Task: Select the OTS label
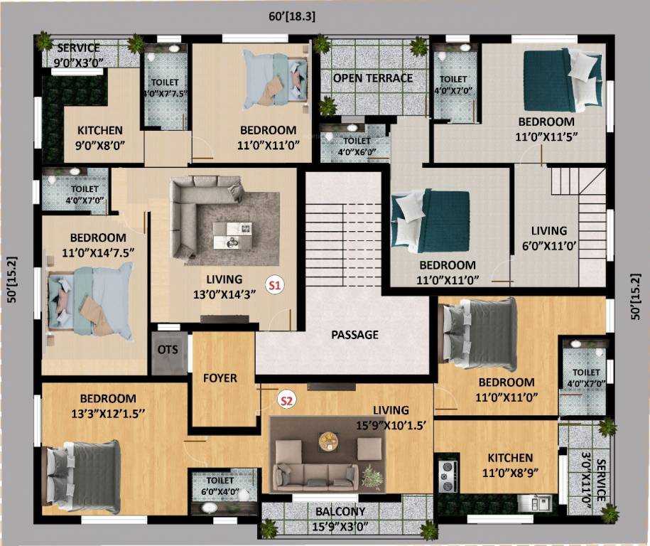pyautogui.click(x=168, y=350)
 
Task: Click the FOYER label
pyautogui.click(x=220, y=378)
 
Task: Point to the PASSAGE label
pyautogui.click(x=355, y=335)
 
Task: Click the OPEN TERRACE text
pyautogui.click(x=372, y=77)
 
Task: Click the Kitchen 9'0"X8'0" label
pyautogui.click(x=100, y=137)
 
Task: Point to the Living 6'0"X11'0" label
pyautogui.click(x=549, y=237)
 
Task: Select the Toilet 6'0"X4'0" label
pyautogui.click(x=220, y=486)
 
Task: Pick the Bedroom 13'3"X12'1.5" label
pyautogui.click(x=108, y=405)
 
